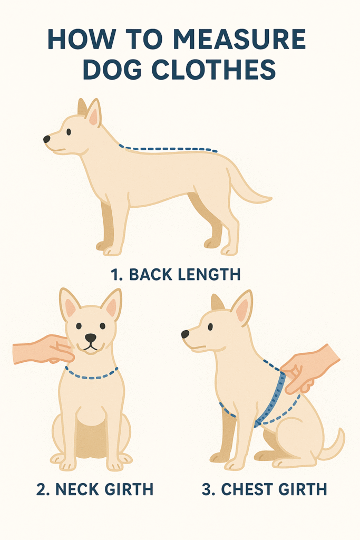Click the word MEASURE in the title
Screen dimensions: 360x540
click(242, 40)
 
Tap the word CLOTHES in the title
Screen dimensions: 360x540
click(213, 70)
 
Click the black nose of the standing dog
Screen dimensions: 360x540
click(47, 139)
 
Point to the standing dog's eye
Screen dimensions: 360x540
click(69, 131)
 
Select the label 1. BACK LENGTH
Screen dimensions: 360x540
click(176, 275)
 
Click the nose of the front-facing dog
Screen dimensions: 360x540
click(91, 338)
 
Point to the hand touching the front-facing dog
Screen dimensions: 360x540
click(44, 350)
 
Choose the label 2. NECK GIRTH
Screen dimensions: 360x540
click(95, 489)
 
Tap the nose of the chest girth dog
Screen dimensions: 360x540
click(185, 334)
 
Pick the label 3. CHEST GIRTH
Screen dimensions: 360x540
click(264, 489)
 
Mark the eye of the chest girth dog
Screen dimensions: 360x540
click(210, 326)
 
